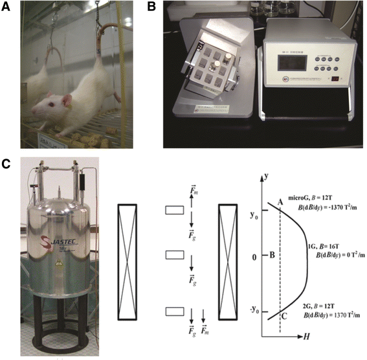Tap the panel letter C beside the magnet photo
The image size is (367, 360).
coord(9,163)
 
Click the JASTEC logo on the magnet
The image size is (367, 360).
coord(60,231)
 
